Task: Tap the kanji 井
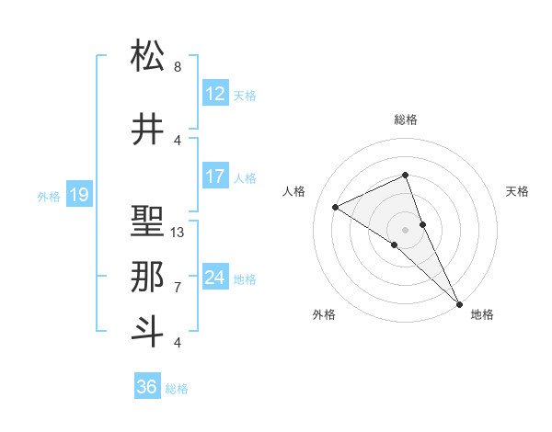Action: point(148,130)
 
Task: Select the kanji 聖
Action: point(148,222)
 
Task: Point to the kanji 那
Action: point(148,277)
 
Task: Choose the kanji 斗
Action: point(148,332)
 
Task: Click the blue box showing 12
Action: point(214,94)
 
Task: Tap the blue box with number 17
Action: point(214,176)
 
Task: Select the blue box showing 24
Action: point(214,278)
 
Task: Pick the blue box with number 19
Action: point(78,195)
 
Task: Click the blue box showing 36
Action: point(147,387)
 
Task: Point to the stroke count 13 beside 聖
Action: point(178,233)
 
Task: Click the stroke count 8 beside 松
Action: point(177,67)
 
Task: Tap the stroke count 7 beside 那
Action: point(177,288)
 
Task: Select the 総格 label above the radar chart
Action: point(405,119)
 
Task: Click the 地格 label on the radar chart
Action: point(482,315)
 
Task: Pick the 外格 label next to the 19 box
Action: point(49,196)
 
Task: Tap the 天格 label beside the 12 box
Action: point(245,95)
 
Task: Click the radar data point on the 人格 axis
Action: point(336,207)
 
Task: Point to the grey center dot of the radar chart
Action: point(405,229)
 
